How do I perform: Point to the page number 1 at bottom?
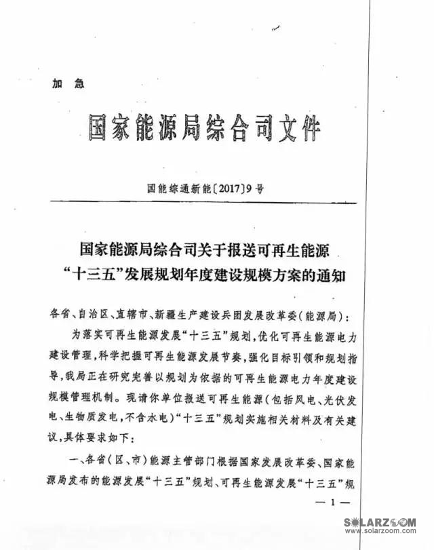[332, 503]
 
